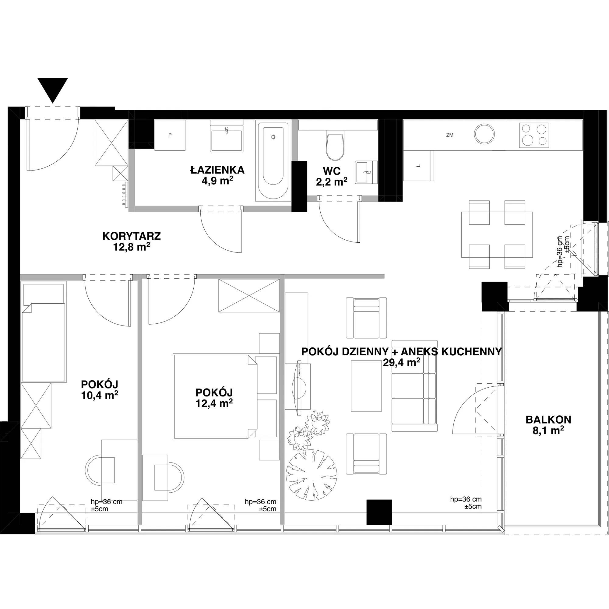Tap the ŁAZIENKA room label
[x=217, y=170]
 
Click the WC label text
[x=332, y=171]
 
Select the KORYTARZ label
[x=132, y=236]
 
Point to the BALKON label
[x=548, y=420]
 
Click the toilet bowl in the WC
[x=335, y=147]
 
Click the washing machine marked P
[x=170, y=135]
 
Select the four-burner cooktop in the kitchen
[x=534, y=135]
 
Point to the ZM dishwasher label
[x=450, y=135]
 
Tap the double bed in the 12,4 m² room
[x=226, y=397]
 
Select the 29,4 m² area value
[x=401, y=362]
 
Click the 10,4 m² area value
[x=100, y=395]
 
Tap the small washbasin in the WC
[x=366, y=172]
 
